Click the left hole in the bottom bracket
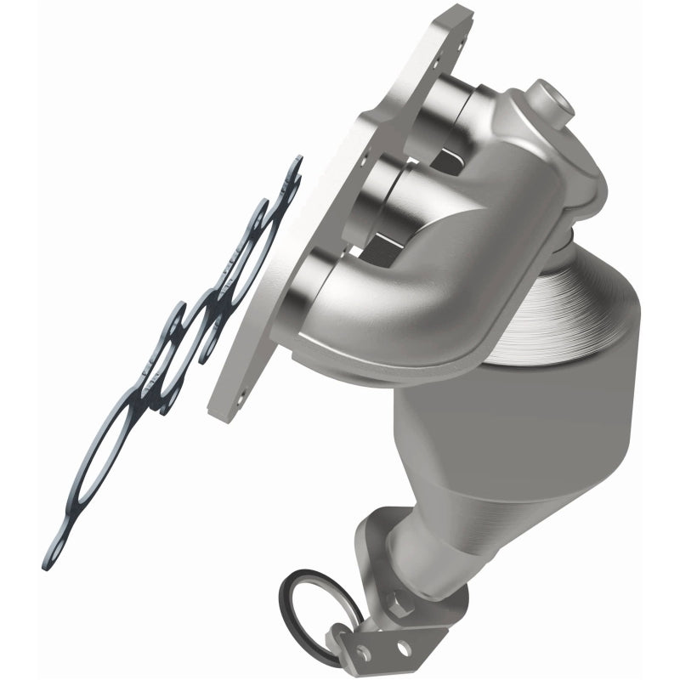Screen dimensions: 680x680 364,651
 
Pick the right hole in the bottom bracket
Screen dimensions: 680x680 400,649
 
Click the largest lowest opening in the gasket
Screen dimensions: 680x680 93,476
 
